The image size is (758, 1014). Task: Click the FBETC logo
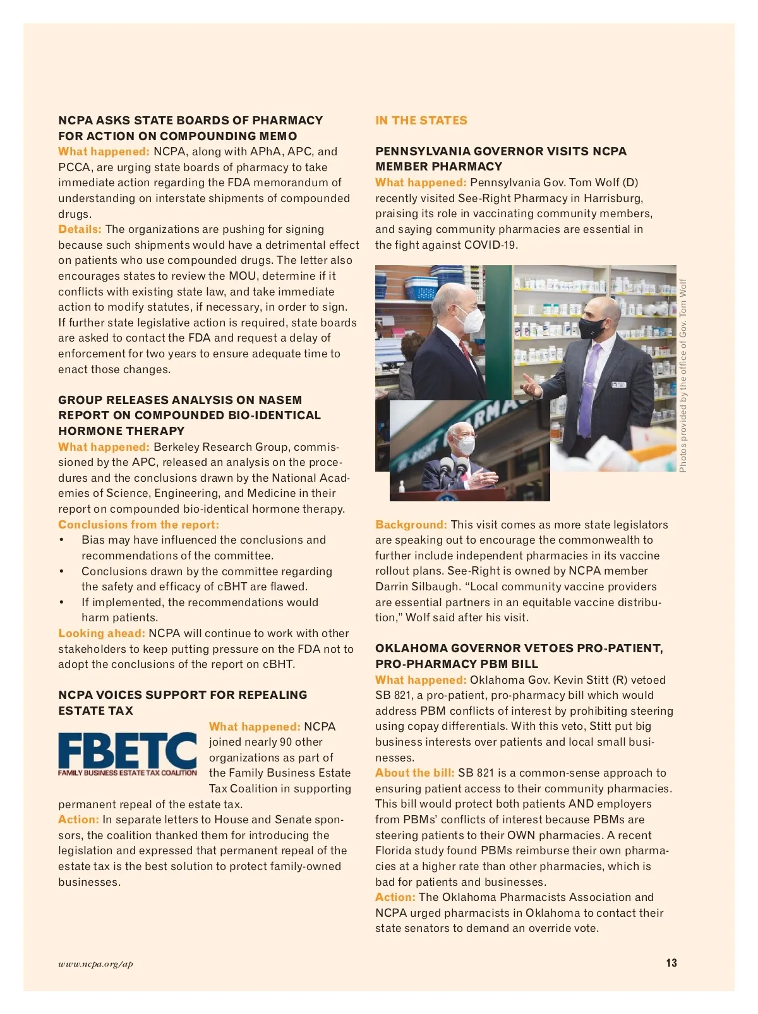(128, 753)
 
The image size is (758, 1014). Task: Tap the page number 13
(671, 963)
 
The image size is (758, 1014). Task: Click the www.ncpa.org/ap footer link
(95, 963)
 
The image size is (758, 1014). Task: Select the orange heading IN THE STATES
(421, 121)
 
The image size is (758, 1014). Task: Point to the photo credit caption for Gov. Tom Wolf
(683, 375)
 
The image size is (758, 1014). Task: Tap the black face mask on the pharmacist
(592, 328)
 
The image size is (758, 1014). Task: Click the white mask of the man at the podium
(466, 445)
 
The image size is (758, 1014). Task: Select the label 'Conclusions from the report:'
(138, 525)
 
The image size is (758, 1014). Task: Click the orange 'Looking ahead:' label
(102, 633)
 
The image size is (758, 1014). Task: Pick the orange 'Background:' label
(411, 525)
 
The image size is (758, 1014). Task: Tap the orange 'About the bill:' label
(415, 773)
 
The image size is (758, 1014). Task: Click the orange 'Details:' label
(80, 229)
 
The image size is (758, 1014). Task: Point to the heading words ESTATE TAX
(96, 711)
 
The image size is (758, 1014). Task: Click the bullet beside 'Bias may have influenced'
(62, 540)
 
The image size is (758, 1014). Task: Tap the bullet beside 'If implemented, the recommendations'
(62, 602)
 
